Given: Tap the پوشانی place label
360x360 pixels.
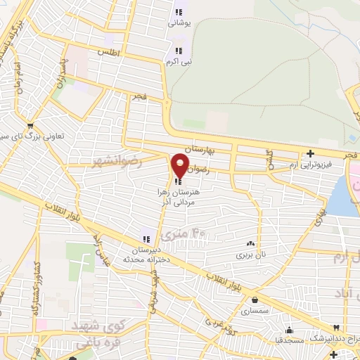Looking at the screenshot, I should point(179,22).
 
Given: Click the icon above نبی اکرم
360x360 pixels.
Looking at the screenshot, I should point(179,51).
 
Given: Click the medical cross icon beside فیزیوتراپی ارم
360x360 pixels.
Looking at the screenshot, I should point(310,153).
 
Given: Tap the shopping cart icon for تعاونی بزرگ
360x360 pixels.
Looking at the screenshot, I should point(29,127).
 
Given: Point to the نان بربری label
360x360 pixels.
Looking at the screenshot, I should point(250,253).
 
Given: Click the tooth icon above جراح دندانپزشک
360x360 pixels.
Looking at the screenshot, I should point(337,329).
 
